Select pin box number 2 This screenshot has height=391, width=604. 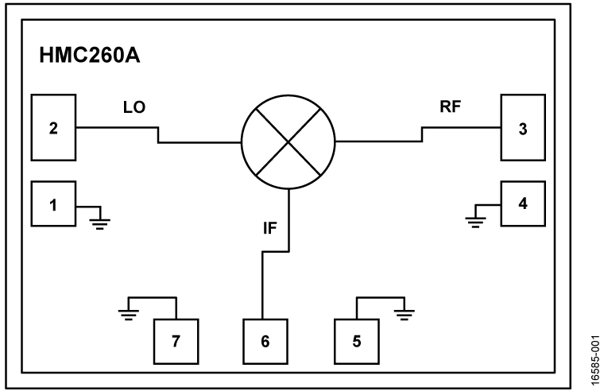53,127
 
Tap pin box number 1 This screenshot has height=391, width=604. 53,205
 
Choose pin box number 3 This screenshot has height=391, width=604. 522,127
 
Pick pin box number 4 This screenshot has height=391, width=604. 522,203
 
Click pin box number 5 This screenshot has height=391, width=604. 356,341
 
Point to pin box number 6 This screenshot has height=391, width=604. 265,341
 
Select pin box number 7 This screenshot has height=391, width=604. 176,341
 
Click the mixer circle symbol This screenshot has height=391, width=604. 288,143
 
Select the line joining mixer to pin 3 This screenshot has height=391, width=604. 377,143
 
